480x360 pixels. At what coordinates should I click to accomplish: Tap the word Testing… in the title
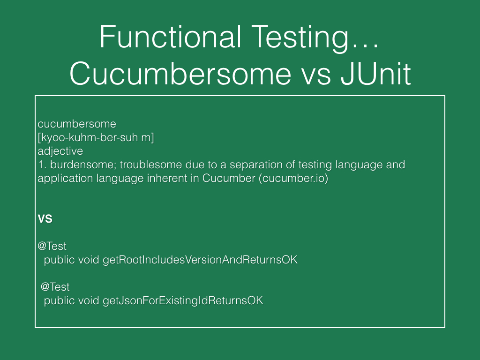(x=315, y=38)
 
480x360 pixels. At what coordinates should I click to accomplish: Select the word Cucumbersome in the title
(x=180, y=74)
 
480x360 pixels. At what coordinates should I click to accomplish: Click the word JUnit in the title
(x=375, y=74)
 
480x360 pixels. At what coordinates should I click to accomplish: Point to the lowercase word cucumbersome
(x=77, y=124)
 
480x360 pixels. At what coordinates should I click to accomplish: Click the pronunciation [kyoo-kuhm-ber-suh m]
(x=96, y=137)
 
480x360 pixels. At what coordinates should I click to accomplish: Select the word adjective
(x=60, y=151)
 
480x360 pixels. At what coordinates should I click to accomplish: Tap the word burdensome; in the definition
(x=83, y=165)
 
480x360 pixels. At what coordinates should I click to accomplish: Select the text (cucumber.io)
(x=293, y=178)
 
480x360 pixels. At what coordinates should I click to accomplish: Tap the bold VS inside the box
(x=45, y=219)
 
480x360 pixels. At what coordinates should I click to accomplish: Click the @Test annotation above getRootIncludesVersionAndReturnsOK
(x=52, y=246)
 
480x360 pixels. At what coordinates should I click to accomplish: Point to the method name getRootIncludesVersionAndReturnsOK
(x=200, y=260)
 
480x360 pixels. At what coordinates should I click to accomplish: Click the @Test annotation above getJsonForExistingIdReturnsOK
(x=55, y=287)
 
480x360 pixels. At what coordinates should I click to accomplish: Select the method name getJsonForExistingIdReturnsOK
(x=183, y=300)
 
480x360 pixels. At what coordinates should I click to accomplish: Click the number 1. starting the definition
(x=42, y=165)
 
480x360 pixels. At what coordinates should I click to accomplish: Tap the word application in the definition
(x=65, y=179)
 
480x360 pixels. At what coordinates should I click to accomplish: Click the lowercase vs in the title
(x=316, y=75)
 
